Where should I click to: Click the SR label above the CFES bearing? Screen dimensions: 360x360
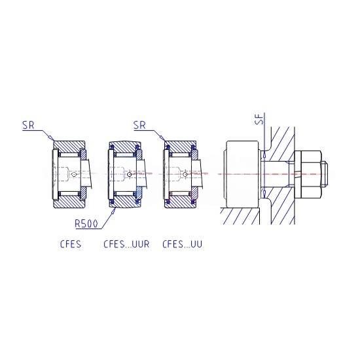click(28, 126)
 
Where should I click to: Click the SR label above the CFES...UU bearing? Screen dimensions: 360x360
click(139, 126)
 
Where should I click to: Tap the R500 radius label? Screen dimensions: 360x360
click(86, 224)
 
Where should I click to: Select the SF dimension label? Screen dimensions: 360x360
click(259, 119)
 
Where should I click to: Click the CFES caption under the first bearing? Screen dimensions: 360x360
click(71, 244)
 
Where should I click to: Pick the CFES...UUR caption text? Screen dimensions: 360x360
click(126, 244)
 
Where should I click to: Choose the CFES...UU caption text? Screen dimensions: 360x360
click(183, 244)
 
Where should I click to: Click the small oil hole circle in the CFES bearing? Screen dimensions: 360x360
click(74, 175)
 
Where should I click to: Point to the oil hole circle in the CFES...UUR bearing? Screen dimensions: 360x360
click(129, 175)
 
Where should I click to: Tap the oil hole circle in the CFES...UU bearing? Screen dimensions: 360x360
click(185, 175)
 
